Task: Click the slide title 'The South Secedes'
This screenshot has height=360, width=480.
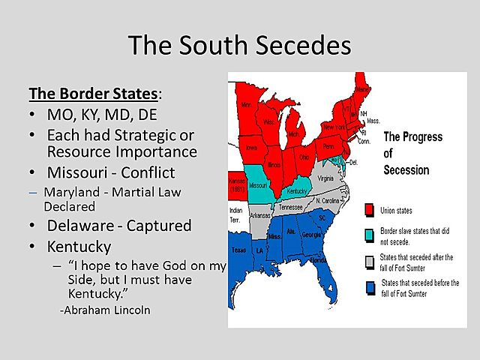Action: pyautogui.click(x=239, y=45)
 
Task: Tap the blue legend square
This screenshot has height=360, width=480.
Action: pyautogui.click(x=369, y=287)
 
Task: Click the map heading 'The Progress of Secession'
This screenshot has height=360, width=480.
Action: pyautogui.click(x=412, y=153)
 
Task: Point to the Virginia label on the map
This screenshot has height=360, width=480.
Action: pyautogui.click(x=325, y=178)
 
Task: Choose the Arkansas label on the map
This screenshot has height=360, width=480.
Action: pyautogui.click(x=261, y=214)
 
